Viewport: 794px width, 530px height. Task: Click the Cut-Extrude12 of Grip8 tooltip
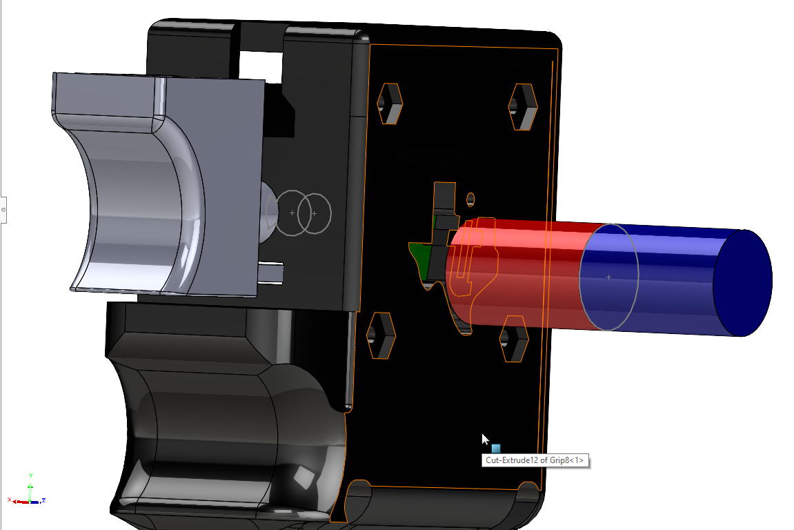(x=535, y=460)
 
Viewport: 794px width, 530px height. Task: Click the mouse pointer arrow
(x=484, y=439)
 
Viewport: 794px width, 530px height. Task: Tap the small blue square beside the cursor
(x=496, y=449)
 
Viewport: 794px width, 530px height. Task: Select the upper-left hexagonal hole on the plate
(x=390, y=104)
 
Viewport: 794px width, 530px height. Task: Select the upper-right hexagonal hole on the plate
(x=523, y=107)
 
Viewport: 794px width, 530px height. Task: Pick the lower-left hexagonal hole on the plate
(x=380, y=335)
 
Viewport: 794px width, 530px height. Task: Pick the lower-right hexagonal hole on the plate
(x=513, y=338)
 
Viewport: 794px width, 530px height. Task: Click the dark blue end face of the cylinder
(x=743, y=283)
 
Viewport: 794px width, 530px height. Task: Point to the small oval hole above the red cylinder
(x=470, y=199)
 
